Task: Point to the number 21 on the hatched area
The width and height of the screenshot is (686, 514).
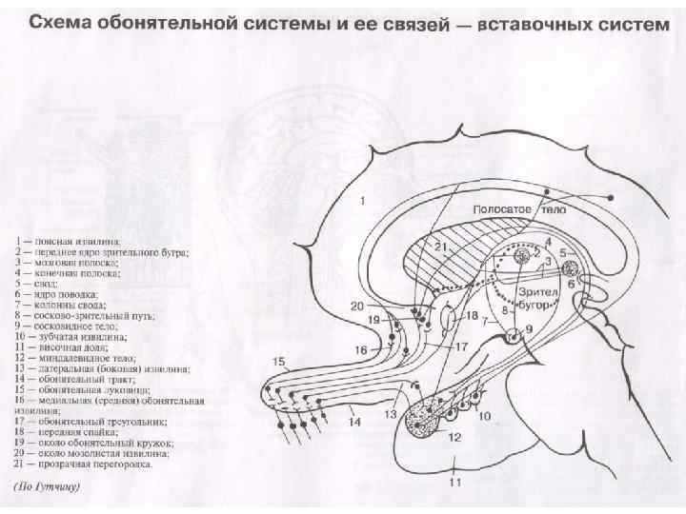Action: [441, 247]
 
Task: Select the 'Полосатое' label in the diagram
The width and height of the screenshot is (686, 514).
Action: [502, 208]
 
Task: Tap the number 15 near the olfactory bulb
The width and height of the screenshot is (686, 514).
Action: [279, 362]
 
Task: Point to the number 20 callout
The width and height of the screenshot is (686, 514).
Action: [356, 306]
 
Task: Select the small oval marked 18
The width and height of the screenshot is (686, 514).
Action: [449, 316]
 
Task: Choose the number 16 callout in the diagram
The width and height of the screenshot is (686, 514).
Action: [361, 350]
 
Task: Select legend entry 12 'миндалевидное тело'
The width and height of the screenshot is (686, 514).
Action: [86, 357]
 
